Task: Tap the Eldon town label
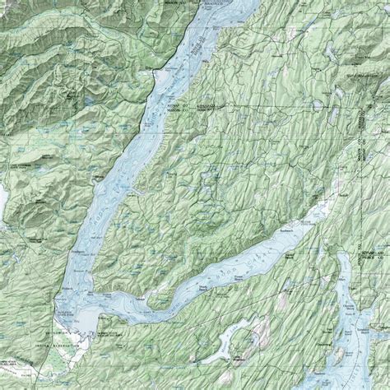pyautogui.click(x=149, y=58)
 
